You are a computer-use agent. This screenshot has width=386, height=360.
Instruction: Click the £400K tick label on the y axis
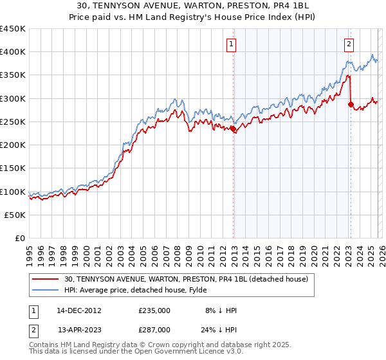pyautogui.click(x=13, y=52)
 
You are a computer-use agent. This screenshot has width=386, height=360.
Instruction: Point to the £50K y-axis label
pyautogui.click(x=15, y=215)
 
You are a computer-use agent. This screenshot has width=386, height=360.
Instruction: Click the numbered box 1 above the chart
pyautogui.click(x=231, y=44)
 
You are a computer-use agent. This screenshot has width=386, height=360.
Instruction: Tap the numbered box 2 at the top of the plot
pyautogui.click(x=348, y=44)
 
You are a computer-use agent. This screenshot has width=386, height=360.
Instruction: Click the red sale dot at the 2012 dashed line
pyautogui.click(x=233, y=129)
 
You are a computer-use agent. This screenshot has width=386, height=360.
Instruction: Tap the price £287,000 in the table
pyautogui.click(x=154, y=330)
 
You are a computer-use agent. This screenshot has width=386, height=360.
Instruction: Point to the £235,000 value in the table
pyautogui.click(x=154, y=310)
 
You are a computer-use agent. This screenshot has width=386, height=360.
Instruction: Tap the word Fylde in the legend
pyautogui.click(x=197, y=290)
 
